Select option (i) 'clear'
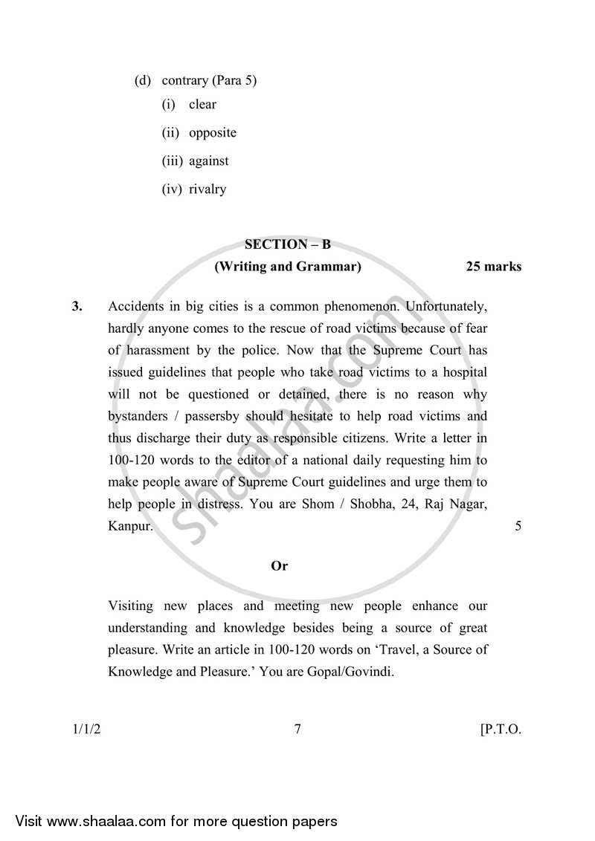pyautogui.click(x=202, y=105)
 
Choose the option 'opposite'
pyautogui.click(x=212, y=133)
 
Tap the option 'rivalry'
pyautogui.click(x=207, y=189)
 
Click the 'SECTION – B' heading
pyautogui.click(x=287, y=244)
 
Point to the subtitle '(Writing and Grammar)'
pyautogui.click(x=287, y=267)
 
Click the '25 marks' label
pyautogui.click(x=493, y=267)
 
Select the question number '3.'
pyautogui.click(x=77, y=306)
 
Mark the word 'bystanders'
pyautogui.click(x=139, y=416)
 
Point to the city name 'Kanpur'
pyautogui.click(x=130, y=527)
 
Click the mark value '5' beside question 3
pyautogui.click(x=518, y=527)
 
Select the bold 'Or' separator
pyautogui.click(x=280, y=566)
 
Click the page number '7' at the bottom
pyautogui.click(x=297, y=730)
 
